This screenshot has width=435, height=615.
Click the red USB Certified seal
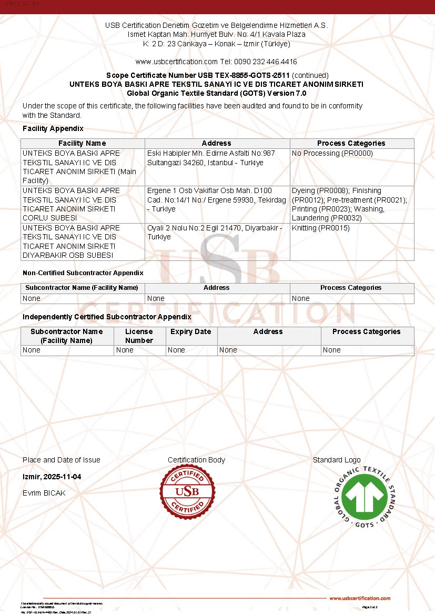[x=188, y=492]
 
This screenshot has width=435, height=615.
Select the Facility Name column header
[x=82, y=143]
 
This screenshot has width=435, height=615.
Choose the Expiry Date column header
[x=191, y=332]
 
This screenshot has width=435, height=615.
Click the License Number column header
[x=139, y=336]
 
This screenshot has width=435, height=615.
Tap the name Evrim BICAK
[x=44, y=493]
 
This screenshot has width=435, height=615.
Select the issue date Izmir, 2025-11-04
[x=52, y=477]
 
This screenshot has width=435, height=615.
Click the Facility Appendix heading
[x=53, y=128]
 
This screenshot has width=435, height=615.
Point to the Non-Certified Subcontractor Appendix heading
[x=83, y=273]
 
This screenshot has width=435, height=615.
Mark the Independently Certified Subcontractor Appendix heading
[x=107, y=317]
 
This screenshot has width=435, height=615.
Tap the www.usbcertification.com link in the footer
[x=360, y=598]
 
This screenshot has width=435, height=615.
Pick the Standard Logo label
[x=337, y=460]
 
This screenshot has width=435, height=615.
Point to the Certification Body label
[x=196, y=460]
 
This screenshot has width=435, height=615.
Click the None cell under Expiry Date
[x=177, y=350]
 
